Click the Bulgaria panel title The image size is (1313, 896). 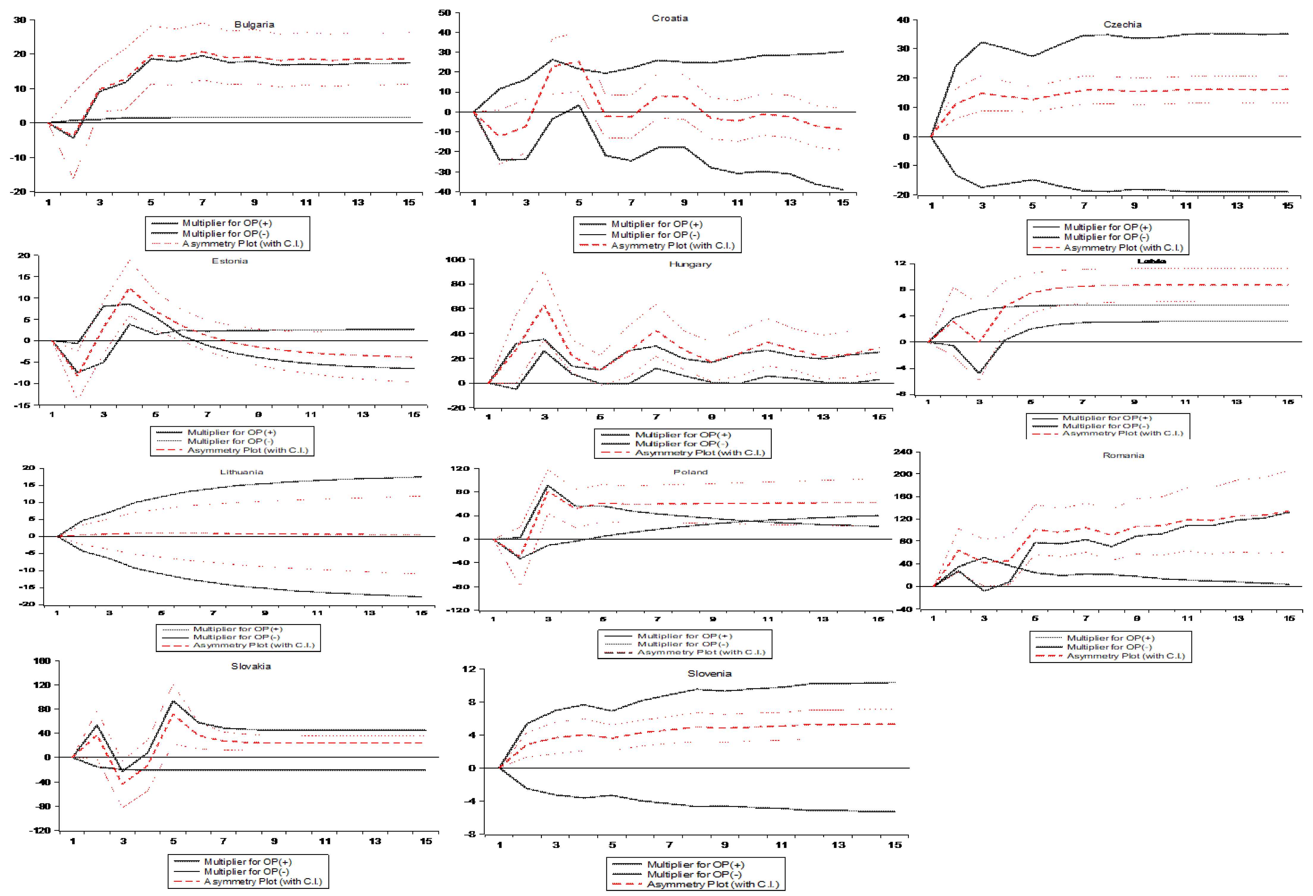[254, 24]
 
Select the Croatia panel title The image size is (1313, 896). [669, 18]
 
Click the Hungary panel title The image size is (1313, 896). [690, 264]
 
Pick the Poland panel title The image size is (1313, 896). [690, 472]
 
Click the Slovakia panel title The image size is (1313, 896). [251, 666]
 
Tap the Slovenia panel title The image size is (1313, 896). [709, 673]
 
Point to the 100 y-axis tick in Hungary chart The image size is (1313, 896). [455, 260]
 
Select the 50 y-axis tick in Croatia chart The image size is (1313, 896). [445, 12]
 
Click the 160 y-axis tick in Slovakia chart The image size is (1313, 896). [42, 661]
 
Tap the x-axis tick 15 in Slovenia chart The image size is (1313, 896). [894, 845]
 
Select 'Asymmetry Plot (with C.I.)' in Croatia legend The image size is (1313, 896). [672, 245]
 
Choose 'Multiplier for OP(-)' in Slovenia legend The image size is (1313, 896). [694, 875]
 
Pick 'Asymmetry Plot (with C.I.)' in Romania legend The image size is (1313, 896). [1125, 656]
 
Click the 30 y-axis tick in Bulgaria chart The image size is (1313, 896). [20, 20]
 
